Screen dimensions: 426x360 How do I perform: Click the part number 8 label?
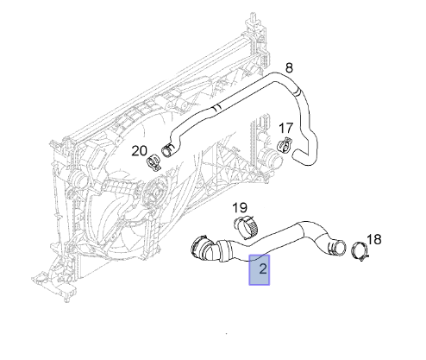(x=289, y=68)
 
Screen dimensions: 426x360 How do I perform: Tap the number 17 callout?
(x=285, y=128)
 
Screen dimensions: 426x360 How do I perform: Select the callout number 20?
(x=140, y=150)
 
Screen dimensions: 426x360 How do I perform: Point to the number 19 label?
(x=240, y=207)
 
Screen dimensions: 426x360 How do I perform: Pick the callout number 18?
(x=374, y=239)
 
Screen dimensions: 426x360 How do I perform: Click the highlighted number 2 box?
(x=259, y=269)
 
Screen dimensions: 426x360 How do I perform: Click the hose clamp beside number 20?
(x=153, y=162)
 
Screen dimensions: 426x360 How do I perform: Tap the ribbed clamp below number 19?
(x=246, y=227)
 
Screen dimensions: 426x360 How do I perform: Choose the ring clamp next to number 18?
(x=360, y=251)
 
